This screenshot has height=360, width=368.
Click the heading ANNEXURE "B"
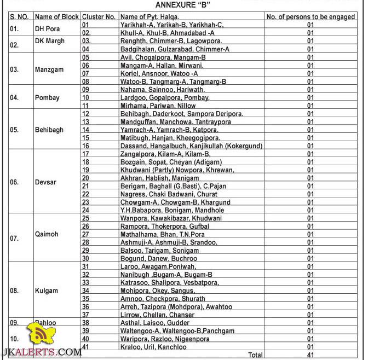(183, 5)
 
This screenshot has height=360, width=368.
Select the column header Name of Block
(56, 17)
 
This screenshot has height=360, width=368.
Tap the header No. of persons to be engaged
(311, 17)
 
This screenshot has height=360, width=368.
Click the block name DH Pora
(47, 29)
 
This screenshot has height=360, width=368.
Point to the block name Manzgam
(49, 69)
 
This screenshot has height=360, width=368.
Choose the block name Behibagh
(49, 130)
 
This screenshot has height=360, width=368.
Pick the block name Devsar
(46, 182)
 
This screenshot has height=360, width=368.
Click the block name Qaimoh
(47, 234)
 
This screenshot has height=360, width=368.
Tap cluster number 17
(85, 154)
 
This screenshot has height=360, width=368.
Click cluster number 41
(85, 347)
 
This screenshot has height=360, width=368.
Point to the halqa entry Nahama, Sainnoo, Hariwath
(163, 90)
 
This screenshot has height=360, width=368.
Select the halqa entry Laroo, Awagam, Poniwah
(158, 266)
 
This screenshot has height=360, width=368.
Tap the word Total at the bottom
(255, 355)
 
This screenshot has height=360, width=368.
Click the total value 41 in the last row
(311, 355)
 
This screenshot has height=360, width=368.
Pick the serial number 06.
(15, 182)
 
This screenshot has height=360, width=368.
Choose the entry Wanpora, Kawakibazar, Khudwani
(171, 218)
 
